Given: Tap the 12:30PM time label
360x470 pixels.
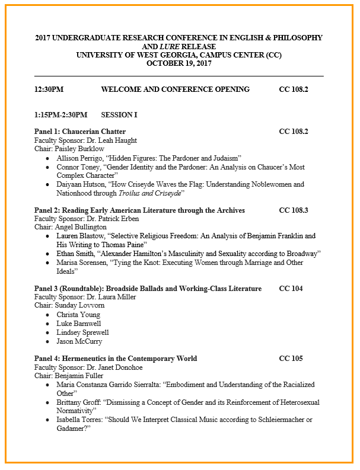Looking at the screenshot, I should tap(49, 89).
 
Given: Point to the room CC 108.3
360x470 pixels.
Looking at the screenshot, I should tap(294, 210).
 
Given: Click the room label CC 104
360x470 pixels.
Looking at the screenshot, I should tap(291, 289).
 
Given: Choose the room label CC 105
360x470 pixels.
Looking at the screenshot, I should tap(291, 359).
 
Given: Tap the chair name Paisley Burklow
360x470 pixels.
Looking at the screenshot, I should tap(79, 149).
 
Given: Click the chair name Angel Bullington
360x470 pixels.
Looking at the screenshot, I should tap(81, 227).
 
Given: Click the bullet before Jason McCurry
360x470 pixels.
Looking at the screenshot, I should tap(48, 341).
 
